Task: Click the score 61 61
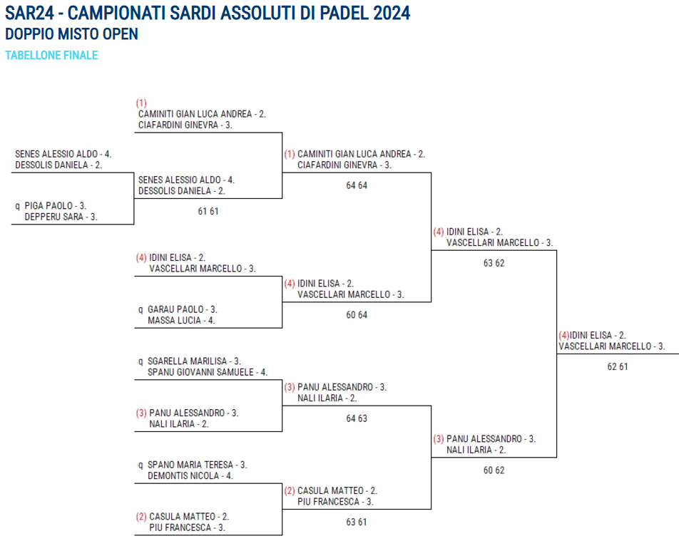[208, 212]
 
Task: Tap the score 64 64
[357, 185]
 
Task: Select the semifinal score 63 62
[494, 263]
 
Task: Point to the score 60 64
[357, 315]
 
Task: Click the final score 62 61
[618, 366]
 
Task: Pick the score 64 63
[357, 418]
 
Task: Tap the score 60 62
[494, 470]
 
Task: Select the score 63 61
[357, 522]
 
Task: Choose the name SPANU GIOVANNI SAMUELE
[198, 372]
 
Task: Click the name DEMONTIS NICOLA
[179, 476]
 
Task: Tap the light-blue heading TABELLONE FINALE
[51, 55]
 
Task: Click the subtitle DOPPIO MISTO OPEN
[71, 34]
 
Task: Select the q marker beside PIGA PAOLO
[18, 206]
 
